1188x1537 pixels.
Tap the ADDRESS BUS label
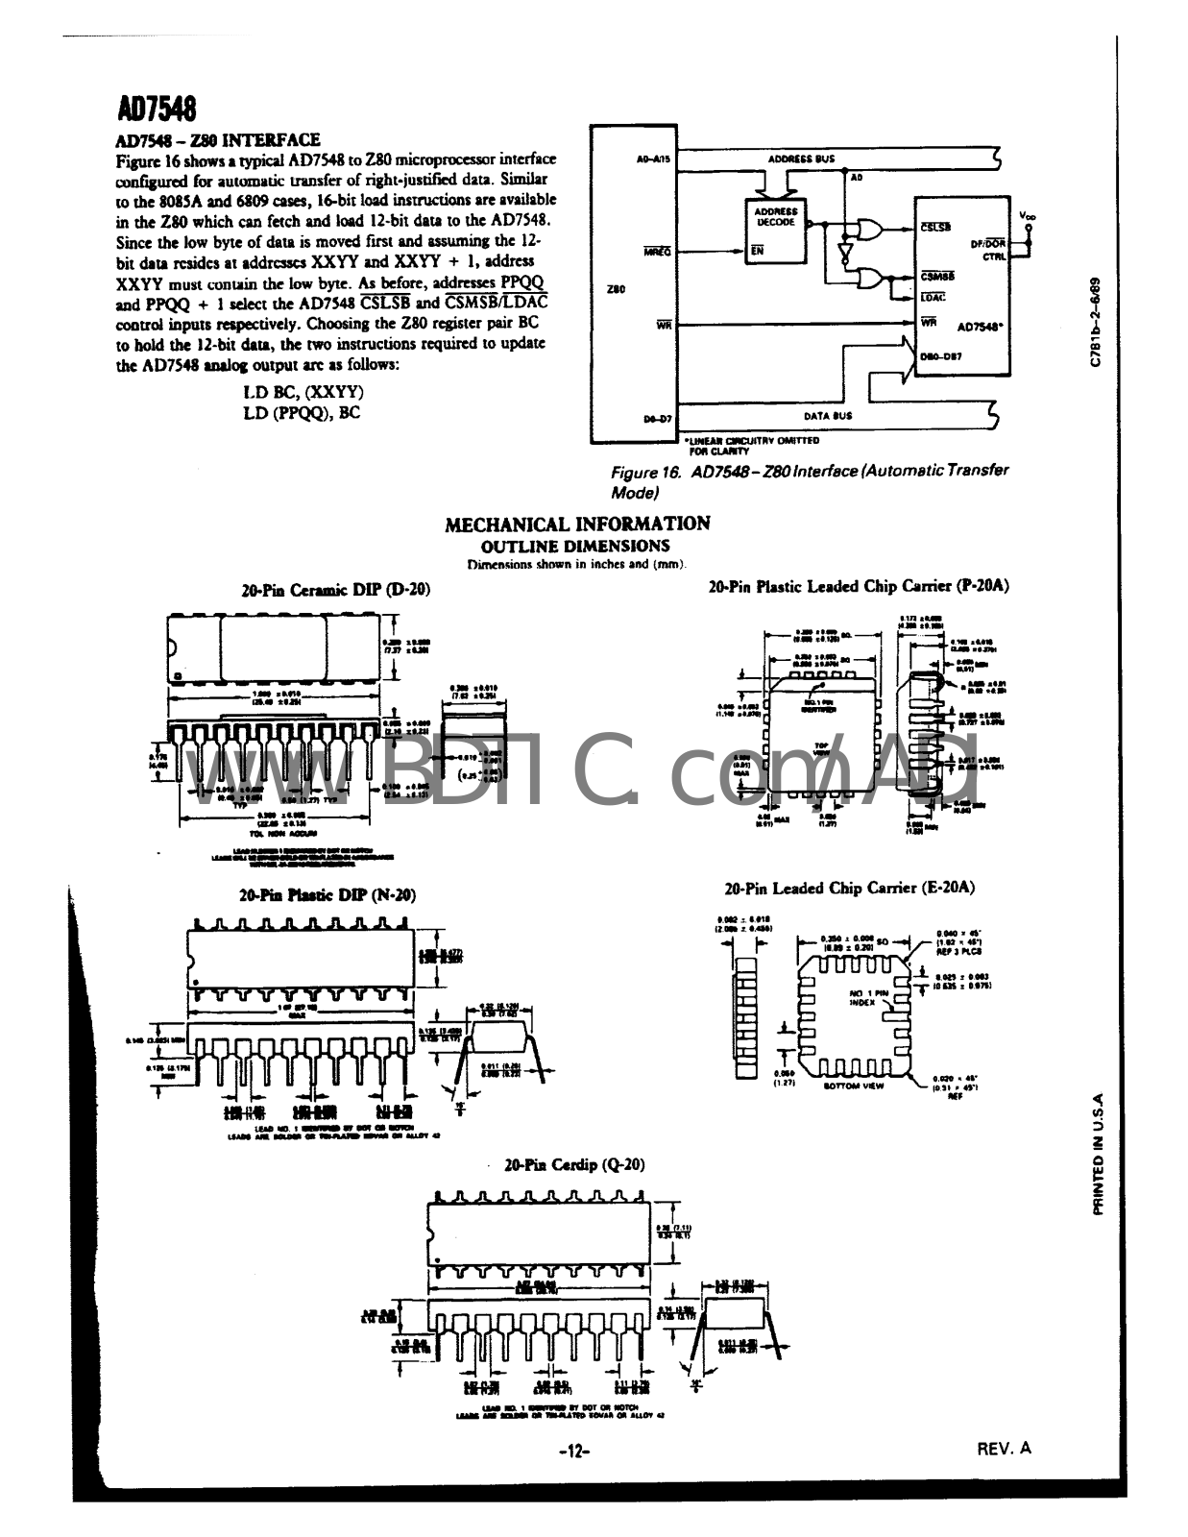802,159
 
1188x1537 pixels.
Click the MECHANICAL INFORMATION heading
577,524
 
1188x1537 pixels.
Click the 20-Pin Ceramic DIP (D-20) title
335,589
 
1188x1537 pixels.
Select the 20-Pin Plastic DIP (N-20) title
327,894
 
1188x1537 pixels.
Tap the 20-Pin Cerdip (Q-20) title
574,1164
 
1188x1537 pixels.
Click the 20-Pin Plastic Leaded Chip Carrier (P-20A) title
859,585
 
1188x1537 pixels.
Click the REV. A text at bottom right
1004,1448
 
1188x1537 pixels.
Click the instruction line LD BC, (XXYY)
303,393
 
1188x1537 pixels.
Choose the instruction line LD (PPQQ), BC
303,413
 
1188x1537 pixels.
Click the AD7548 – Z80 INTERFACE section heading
218,140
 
